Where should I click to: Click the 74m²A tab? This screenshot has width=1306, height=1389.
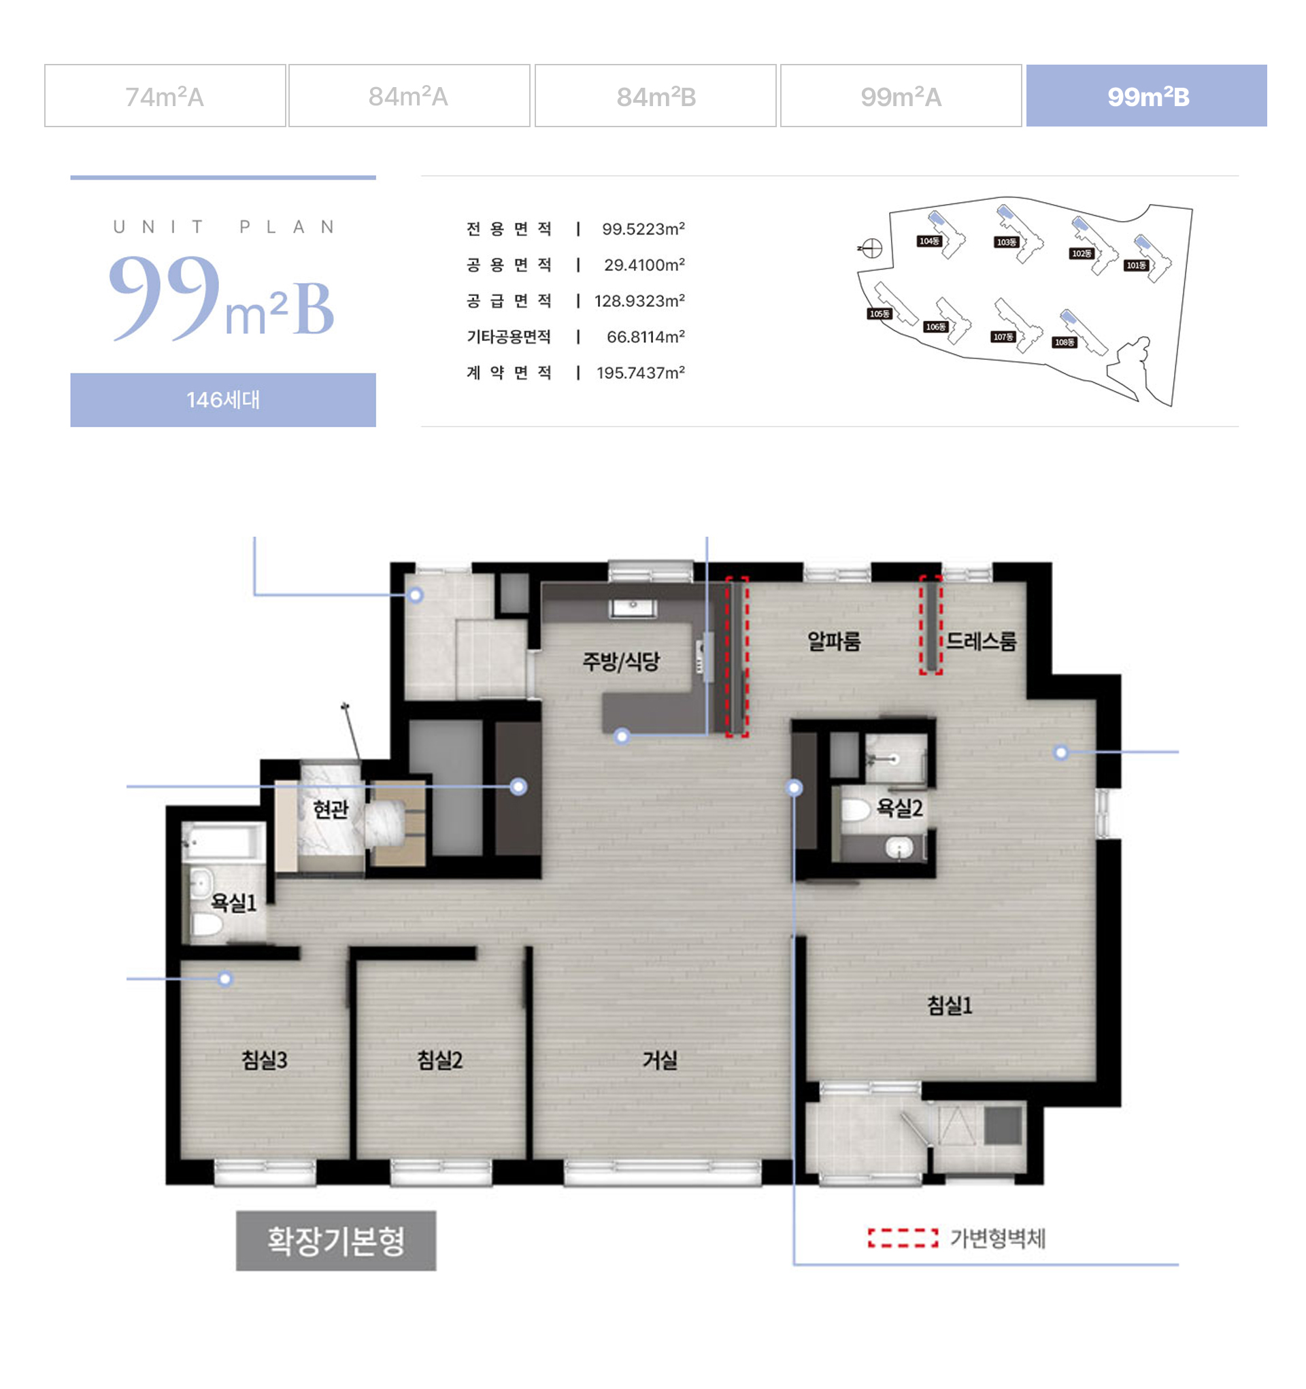(x=164, y=96)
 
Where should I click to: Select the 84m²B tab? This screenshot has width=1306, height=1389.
(x=655, y=96)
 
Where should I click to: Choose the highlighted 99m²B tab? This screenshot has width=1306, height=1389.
(x=1146, y=96)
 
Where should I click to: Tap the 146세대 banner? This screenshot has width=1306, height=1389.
(x=223, y=400)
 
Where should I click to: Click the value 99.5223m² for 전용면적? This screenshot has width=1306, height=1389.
(x=643, y=229)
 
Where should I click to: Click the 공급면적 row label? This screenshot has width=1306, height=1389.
(x=509, y=301)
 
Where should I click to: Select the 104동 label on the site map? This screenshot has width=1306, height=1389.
(x=928, y=241)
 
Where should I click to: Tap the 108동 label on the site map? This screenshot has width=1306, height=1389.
(x=1065, y=342)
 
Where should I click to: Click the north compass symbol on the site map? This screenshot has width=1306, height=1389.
(x=871, y=248)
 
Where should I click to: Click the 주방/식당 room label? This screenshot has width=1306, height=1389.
(x=621, y=661)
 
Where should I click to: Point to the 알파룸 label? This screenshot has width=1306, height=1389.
(x=834, y=641)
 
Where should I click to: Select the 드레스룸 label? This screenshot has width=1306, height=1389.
(x=981, y=641)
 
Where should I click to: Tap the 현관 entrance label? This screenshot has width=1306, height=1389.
(x=330, y=809)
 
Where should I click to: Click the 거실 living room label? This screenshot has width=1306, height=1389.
(x=660, y=1060)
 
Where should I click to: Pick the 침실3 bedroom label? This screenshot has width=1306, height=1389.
(x=264, y=1060)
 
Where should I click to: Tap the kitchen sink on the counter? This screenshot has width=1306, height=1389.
(x=633, y=608)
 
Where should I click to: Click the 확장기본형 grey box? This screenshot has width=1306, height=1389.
(x=336, y=1241)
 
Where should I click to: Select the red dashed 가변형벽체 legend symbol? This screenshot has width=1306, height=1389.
(x=903, y=1238)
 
